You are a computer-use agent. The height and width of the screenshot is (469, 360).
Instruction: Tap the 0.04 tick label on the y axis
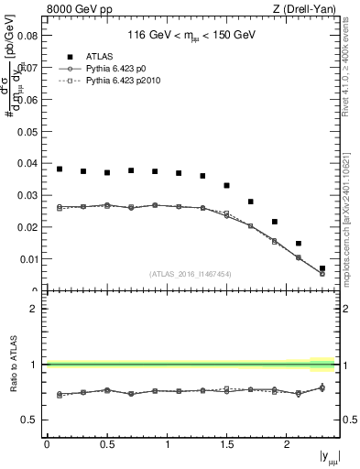point(26,164)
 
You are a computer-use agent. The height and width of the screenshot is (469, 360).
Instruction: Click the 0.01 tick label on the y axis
point(26,259)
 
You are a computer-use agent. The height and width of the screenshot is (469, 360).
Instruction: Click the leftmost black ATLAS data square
point(60,169)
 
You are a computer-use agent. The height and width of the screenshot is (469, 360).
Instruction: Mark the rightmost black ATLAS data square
point(322,268)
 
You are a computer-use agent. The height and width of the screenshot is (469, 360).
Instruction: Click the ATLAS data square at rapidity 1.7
point(251,202)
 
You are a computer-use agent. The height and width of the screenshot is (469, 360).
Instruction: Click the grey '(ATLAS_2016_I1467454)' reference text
point(190,273)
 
